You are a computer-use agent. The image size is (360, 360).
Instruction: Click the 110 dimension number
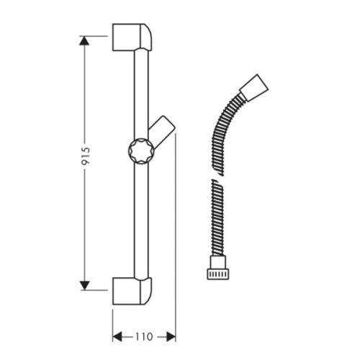[x=144, y=336]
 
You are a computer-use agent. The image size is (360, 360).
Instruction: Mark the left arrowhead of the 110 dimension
[x=117, y=336]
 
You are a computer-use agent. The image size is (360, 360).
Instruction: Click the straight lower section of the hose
[x=214, y=216]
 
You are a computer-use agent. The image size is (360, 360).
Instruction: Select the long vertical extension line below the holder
[x=176, y=238]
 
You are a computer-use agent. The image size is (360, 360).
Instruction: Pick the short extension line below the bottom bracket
[x=113, y=320]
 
